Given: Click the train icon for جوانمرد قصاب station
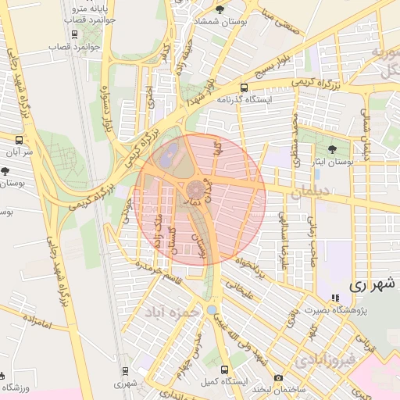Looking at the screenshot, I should (73, 34).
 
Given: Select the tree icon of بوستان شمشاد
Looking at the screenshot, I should (218, 9).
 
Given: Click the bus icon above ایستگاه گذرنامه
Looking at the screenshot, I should (245, 87).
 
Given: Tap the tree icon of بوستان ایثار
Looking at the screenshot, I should (334, 148).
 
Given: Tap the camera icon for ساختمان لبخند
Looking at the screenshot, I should (279, 378).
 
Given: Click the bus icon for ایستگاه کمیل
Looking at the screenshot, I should (225, 370).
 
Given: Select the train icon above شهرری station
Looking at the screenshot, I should (123, 371).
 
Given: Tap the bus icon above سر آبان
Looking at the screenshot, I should (18, 140).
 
